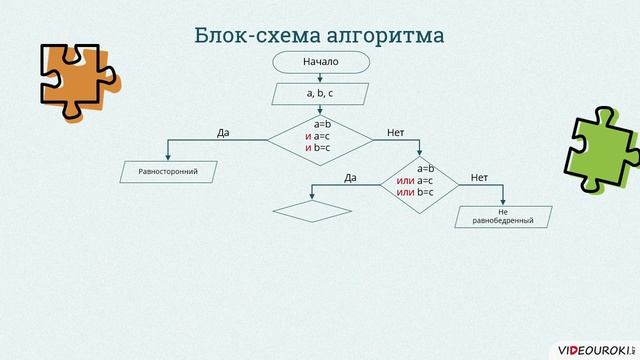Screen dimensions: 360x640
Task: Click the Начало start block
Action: [320, 62]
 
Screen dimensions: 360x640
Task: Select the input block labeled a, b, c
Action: [320, 94]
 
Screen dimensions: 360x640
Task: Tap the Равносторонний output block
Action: [167, 172]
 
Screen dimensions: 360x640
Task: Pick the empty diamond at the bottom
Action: [312, 211]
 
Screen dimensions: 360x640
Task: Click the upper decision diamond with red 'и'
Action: [321, 136]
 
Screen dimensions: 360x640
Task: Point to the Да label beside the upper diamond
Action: [224, 133]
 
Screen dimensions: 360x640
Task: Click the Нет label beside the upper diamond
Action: [395, 133]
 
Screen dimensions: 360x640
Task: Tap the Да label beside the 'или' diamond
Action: [350, 177]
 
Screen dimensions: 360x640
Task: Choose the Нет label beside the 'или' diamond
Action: [479, 177]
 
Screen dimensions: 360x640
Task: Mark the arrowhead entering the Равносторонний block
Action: [167, 159]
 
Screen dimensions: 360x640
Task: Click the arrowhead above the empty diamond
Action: [312, 199]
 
